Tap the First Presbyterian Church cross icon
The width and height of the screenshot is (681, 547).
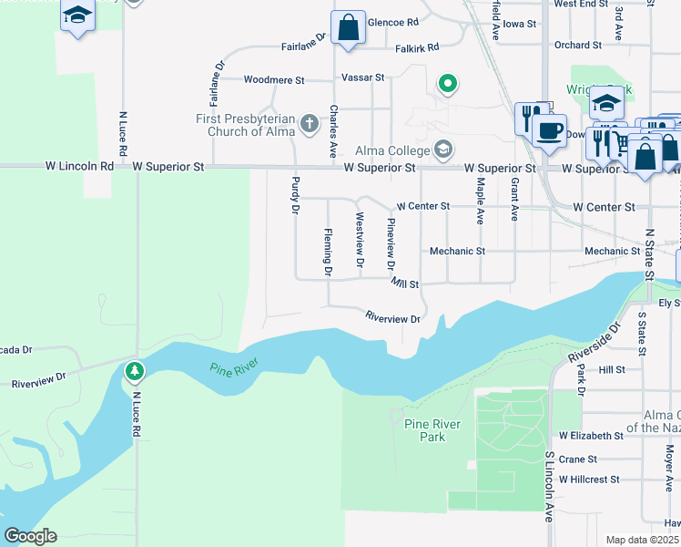pyautogui.click(x=310, y=123)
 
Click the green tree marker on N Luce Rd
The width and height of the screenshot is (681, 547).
pyautogui.click(x=135, y=371)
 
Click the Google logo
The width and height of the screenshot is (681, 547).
pyautogui.click(x=30, y=536)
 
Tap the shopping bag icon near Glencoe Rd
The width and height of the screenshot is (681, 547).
pyautogui.click(x=348, y=28)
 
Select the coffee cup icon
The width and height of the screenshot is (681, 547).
pyautogui.click(x=550, y=131)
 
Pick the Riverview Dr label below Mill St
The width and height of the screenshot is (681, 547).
pyautogui.click(x=392, y=319)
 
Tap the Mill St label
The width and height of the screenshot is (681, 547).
pyautogui.click(x=405, y=284)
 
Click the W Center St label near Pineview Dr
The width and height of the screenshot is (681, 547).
pyautogui.click(x=422, y=206)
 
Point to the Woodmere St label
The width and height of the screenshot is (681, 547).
pyautogui.click(x=274, y=80)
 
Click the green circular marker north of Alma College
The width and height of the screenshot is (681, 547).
pyautogui.click(x=447, y=85)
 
